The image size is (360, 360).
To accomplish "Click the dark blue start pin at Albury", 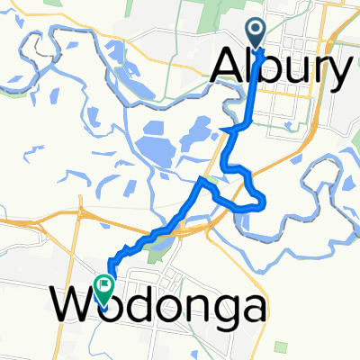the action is pyautogui.click(x=256, y=33).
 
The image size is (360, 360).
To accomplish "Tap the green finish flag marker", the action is pyautogui.click(x=107, y=289).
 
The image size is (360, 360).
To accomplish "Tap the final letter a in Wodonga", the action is pyautogui.click(x=252, y=311).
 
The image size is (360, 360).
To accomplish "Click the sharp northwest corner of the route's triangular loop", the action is pyautogui.click(x=201, y=181).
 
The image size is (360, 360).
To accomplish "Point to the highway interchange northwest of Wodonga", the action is pyautogui.click(x=85, y=216).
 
